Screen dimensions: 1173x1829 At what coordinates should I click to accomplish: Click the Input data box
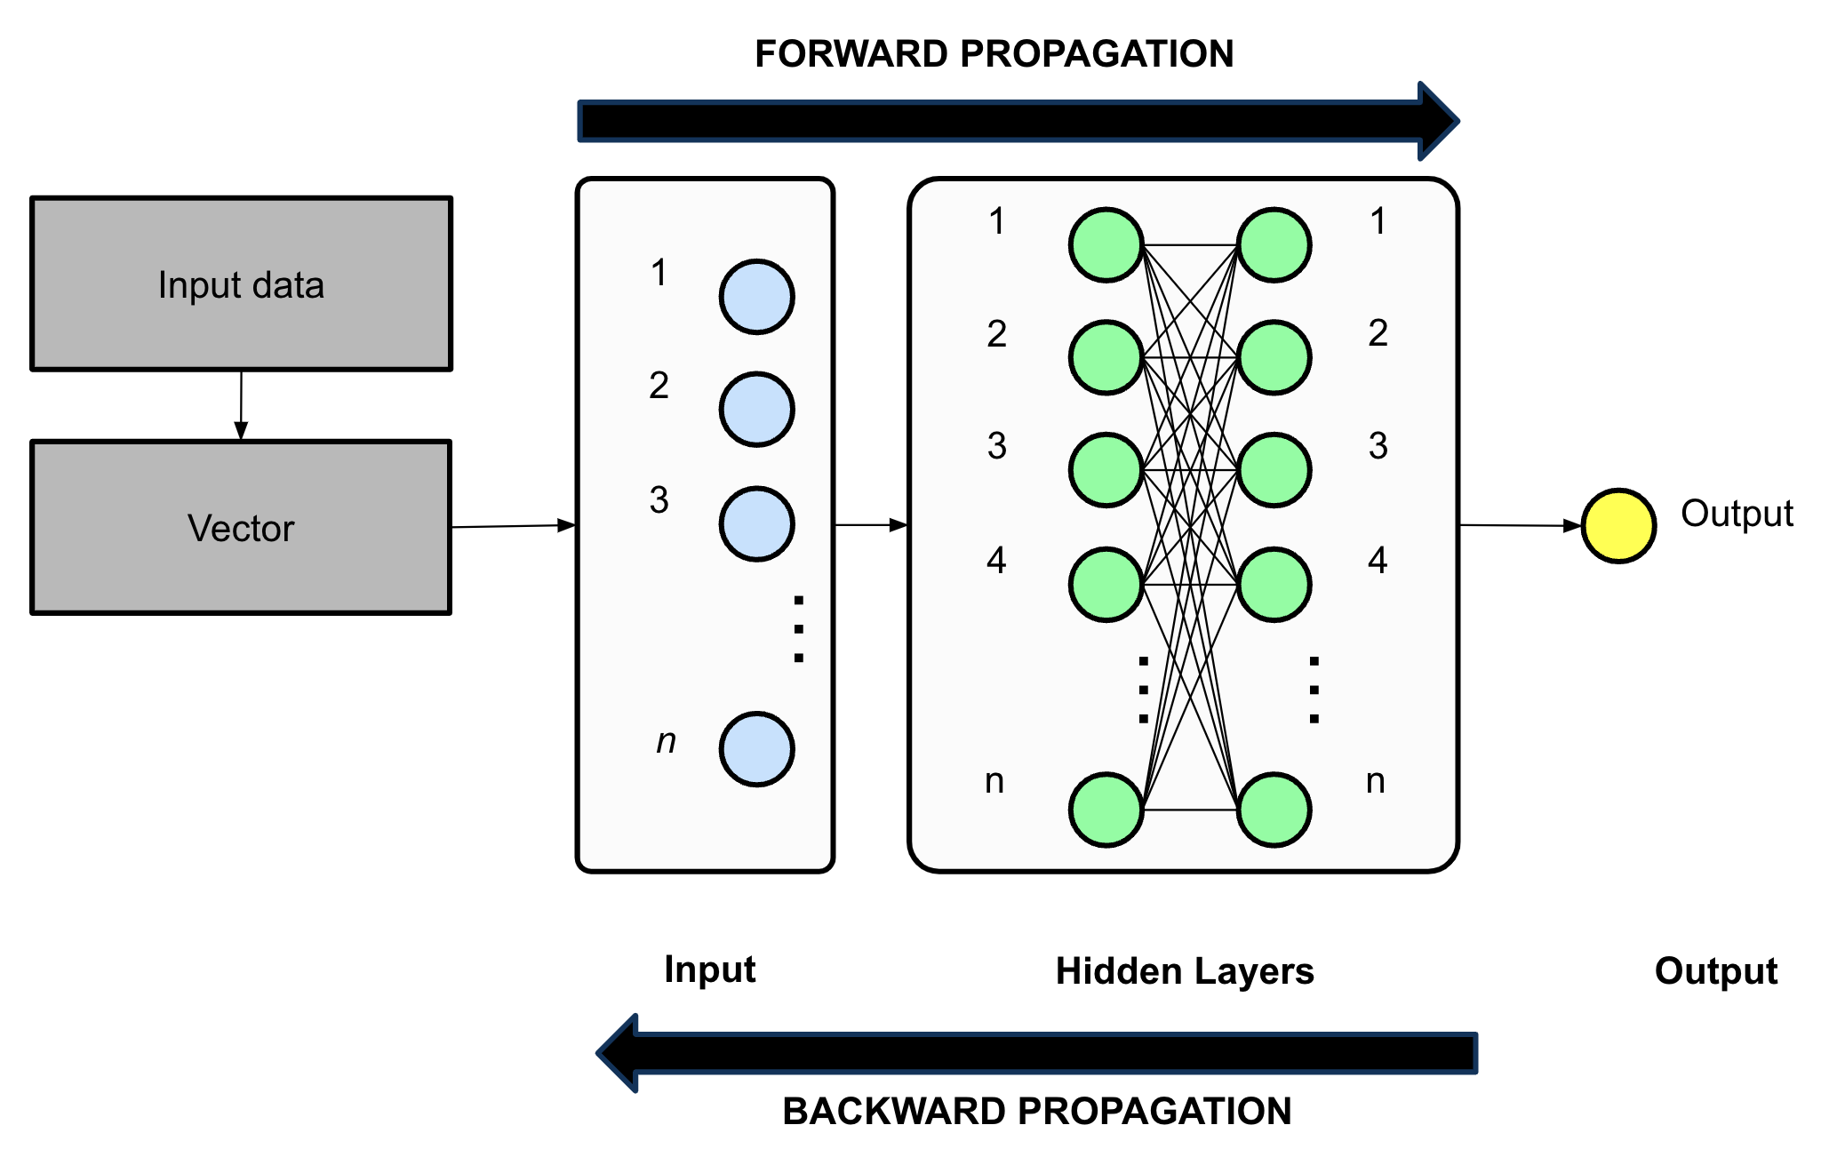tap(241, 283)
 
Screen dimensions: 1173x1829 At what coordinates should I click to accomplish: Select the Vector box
tap(241, 527)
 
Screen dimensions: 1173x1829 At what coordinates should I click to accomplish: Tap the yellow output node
tap(1618, 526)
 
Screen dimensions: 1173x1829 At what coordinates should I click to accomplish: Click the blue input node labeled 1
tap(756, 297)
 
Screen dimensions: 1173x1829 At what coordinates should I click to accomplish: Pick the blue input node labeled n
tap(756, 749)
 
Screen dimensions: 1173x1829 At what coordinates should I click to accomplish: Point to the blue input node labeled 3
tap(756, 524)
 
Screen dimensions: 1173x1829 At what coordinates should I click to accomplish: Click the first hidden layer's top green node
tap(1106, 245)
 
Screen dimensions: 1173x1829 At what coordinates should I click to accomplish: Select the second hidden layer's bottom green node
tap(1274, 810)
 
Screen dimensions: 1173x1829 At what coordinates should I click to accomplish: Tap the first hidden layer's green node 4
tap(1106, 585)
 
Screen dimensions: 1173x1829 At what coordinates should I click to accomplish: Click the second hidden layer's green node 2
tap(1274, 358)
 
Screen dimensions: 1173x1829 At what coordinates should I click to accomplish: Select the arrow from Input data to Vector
tap(241, 405)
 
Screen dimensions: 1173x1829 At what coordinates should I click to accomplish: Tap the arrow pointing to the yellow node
tap(1520, 526)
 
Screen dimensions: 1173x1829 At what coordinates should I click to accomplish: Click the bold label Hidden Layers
tap(1185, 971)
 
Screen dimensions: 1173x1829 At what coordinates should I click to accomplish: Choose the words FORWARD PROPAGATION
tap(994, 54)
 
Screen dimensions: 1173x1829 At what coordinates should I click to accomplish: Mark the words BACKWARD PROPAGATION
tap(1036, 1112)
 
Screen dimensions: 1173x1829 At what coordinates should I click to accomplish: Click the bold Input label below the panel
tap(709, 970)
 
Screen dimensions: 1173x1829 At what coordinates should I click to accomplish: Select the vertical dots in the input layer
tap(798, 629)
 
